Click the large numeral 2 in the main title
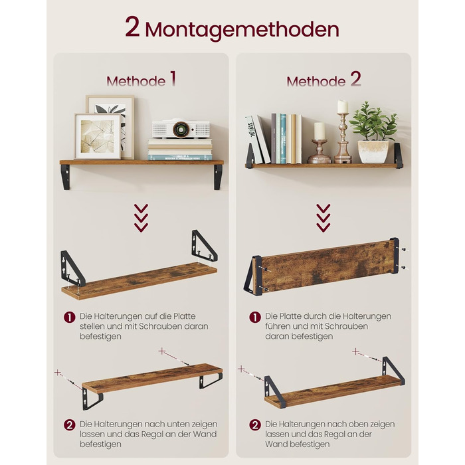point(132,27)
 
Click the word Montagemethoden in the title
point(242,30)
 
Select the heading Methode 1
point(141,80)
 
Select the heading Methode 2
point(324,80)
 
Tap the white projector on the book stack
point(181,129)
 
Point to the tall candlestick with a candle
point(343,132)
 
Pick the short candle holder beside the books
point(320,143)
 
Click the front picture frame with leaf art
point(98,136)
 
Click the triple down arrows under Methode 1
point(141,218)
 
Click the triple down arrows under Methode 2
point(324,218)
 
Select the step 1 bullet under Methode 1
point(69,317)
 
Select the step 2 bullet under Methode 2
point(254,425)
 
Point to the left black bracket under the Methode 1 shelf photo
point(66,177)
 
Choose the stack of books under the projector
point(180,149)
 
